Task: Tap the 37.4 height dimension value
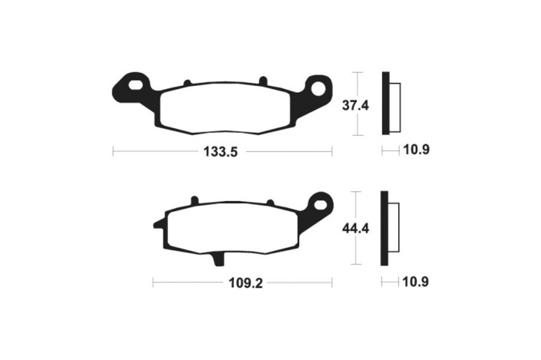pos(356,105)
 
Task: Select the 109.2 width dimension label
pos(246,283)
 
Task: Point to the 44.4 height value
pos(356,228)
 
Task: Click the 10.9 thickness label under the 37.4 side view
pos(415,150)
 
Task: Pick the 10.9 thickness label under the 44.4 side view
pos(415,282)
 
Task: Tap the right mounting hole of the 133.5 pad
pos(315,88)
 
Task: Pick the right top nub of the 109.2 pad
pos(269,202)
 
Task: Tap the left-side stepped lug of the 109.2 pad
pos(158,224)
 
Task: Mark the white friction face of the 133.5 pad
pos(226,107)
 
